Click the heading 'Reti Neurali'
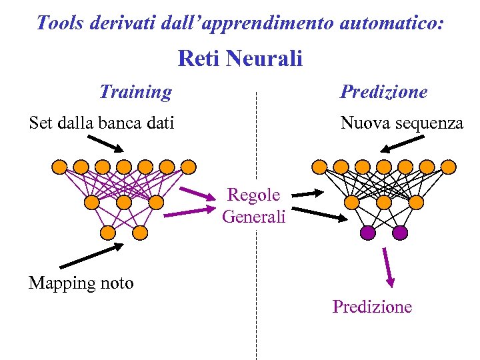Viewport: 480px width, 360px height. tap(240, 59)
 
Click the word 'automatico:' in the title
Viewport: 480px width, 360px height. tap(392, 23)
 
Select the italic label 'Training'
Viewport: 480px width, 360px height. tap(135, 91)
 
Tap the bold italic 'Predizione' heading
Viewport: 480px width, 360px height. tap(384, 91)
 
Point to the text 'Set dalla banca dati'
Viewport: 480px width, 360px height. tap(101, 123)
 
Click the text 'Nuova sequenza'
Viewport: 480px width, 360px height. tap(401, 123)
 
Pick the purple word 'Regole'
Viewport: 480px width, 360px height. tap(254, 195)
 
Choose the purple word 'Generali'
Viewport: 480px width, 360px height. tap(254, 216)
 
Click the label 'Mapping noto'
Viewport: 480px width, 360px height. tap(81, 283)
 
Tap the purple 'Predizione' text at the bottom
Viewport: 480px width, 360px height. tap(372, 307)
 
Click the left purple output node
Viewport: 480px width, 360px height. tap(367, 233)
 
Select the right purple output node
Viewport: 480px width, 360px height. tap(400, 233)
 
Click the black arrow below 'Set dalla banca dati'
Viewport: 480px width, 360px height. tap(105, 144)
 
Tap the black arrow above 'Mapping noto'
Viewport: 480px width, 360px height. tap(91, 255)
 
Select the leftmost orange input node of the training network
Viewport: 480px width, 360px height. tap(59, 166)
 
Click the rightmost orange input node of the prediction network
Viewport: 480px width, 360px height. tap(449, 166)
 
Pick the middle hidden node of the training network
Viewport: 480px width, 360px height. tap(124, 201)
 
